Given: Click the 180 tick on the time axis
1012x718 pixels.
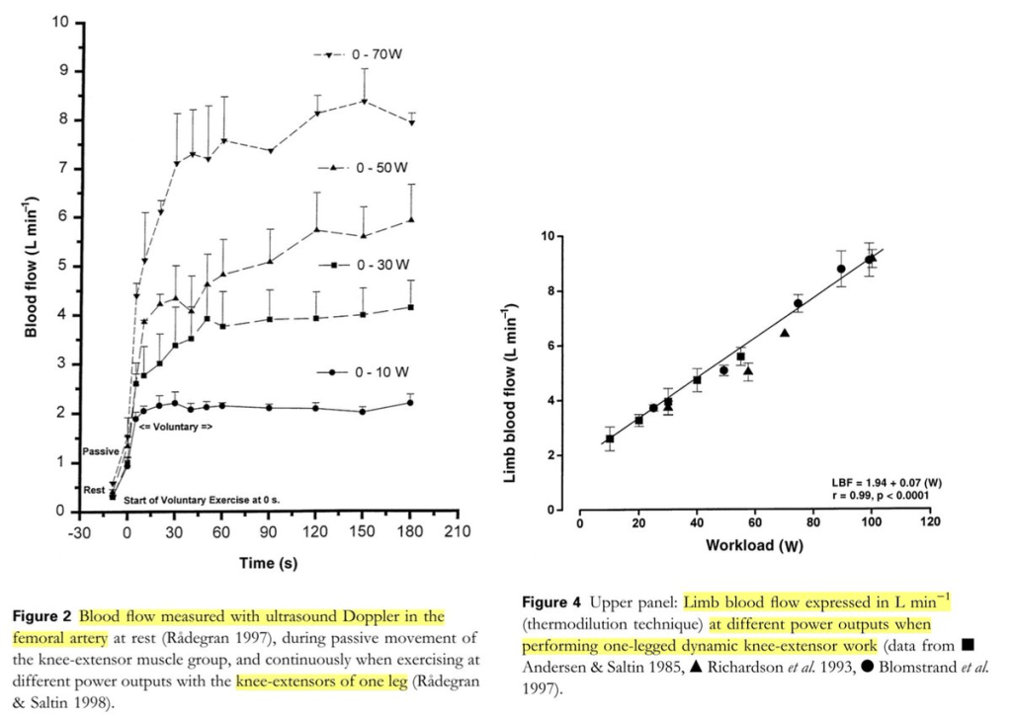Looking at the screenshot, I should pyautogui.click(x=409, y=529).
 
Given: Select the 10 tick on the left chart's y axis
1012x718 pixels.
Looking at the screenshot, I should pyautogui.click(x=61, y=22).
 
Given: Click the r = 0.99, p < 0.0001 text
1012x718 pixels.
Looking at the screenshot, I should pyautogui.click(x=884, y=497).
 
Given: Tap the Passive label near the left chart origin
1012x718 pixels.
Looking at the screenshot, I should pyautogui.click(x=101, y=450).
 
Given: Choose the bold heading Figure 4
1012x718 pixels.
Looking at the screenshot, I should pyautogui.click(x=551, y=602).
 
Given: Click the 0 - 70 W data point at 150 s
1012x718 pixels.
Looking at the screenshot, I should pyautogui.click(x=364, y=102).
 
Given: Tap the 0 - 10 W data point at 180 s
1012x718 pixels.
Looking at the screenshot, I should pyautogui.click(x=410, y=402).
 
